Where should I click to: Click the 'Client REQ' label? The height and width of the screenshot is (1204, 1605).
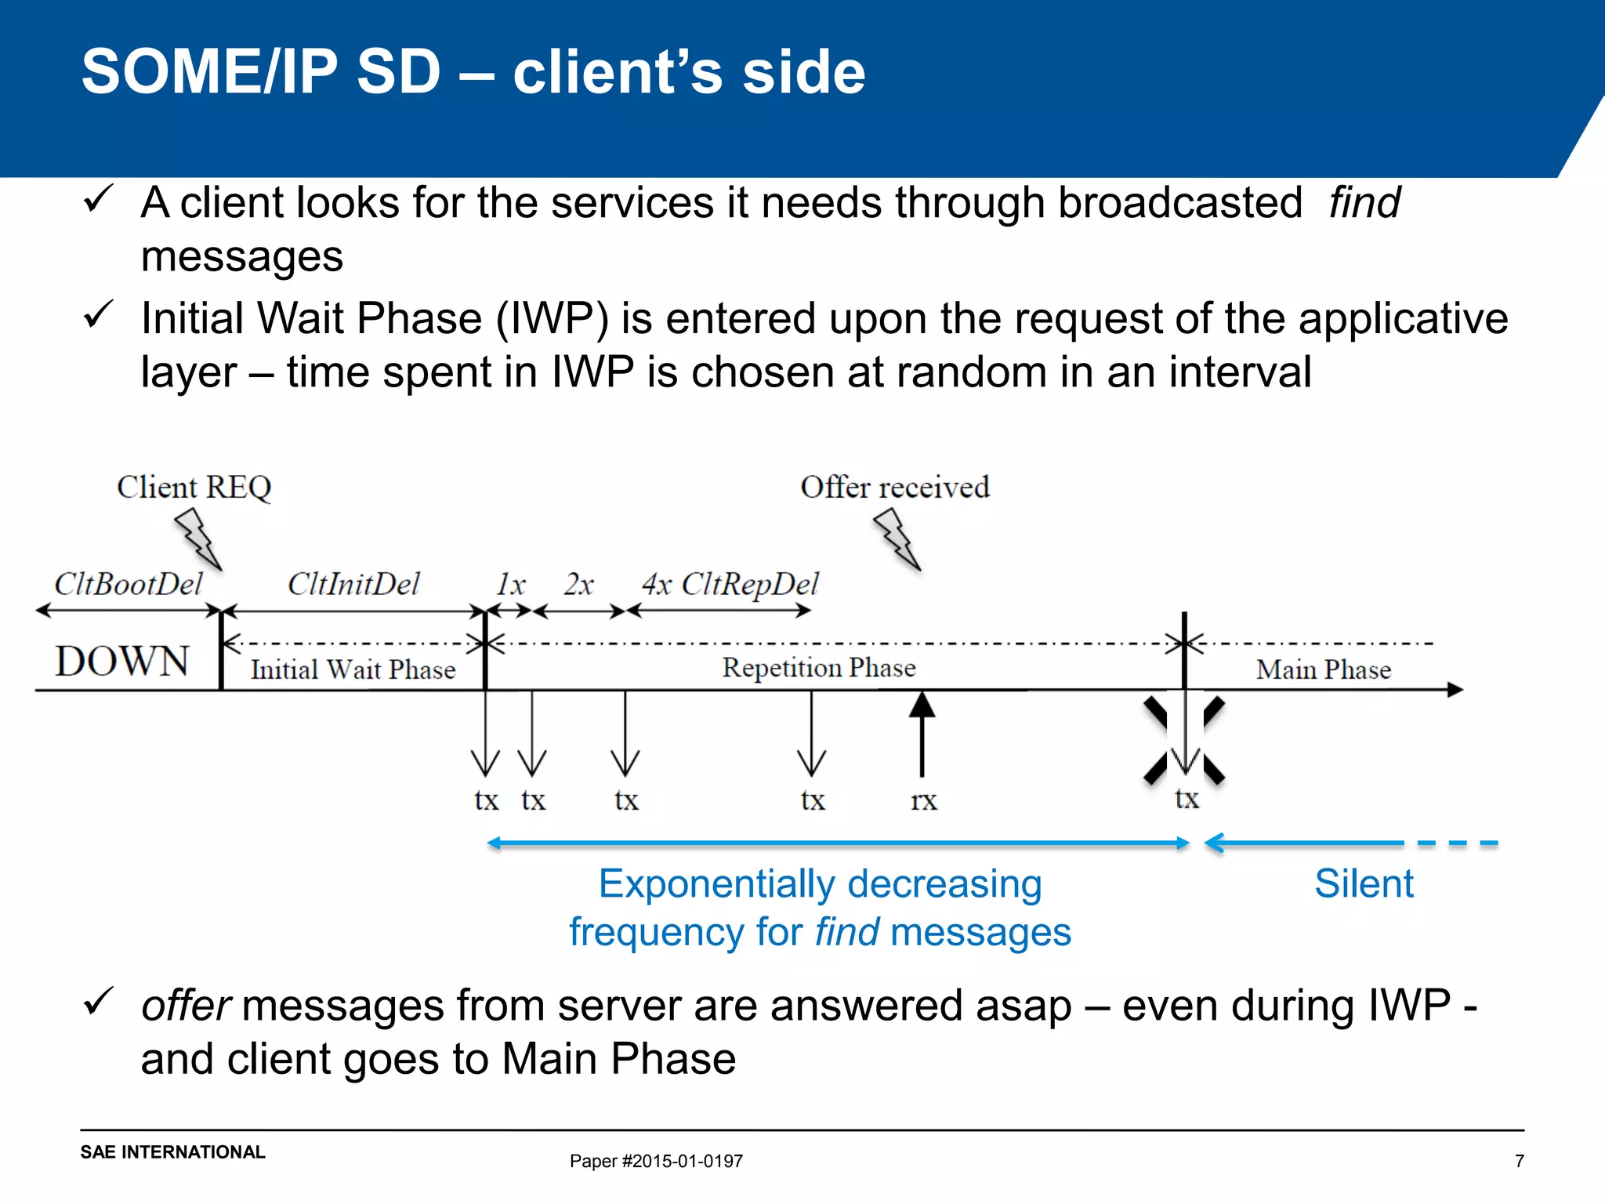pos(194,487)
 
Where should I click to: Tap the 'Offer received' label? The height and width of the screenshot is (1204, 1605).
pos(895,487)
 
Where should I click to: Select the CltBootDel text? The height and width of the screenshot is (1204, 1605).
pos(128,584)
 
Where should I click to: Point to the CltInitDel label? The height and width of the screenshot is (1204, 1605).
pos(353,584)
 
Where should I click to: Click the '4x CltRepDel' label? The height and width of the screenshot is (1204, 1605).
pos(730,584)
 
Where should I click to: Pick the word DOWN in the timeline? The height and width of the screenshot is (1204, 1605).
pos(122,661)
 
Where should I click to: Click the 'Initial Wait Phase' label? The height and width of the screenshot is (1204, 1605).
pos(353,669)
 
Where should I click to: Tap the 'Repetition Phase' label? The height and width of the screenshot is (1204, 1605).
pos(819,667)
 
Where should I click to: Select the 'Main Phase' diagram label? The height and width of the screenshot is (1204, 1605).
pos(1324,669)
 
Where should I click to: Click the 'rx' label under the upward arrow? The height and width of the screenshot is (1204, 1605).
pos(923,800)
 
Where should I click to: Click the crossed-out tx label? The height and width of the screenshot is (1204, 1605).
pos(1187,798)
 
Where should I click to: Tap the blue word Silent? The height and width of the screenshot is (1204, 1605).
pos(1364,883)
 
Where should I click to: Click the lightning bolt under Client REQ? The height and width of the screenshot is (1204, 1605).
pos(198,538)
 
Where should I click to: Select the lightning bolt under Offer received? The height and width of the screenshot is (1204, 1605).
pos(897,538)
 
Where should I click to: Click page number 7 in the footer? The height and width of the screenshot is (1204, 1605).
pos(1519,1161)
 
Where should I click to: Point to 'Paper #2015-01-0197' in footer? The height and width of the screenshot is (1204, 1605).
pos(656,1161)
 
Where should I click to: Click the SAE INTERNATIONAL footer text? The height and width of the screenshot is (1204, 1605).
pos(172,1152)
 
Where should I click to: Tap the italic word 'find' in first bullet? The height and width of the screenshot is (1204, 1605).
pos(1364,202)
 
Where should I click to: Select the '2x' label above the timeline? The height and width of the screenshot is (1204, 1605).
pos(578,584)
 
